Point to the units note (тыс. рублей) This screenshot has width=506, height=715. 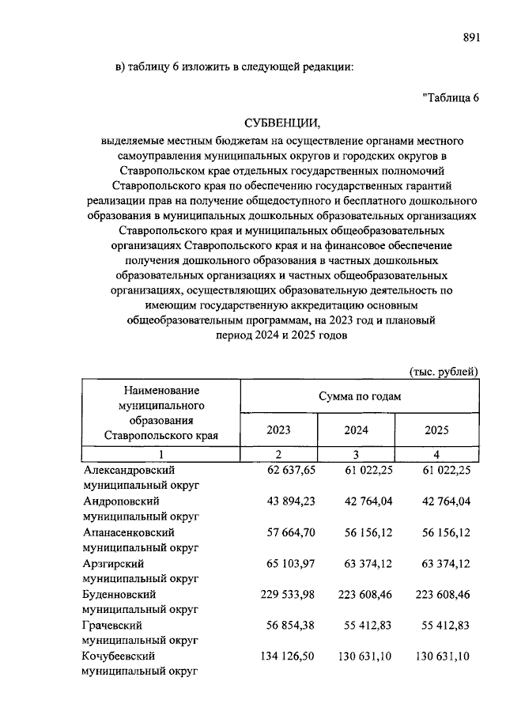(x=444, y=370)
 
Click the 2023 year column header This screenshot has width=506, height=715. (x=278, y=430)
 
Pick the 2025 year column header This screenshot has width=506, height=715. (x=436, y=430)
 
